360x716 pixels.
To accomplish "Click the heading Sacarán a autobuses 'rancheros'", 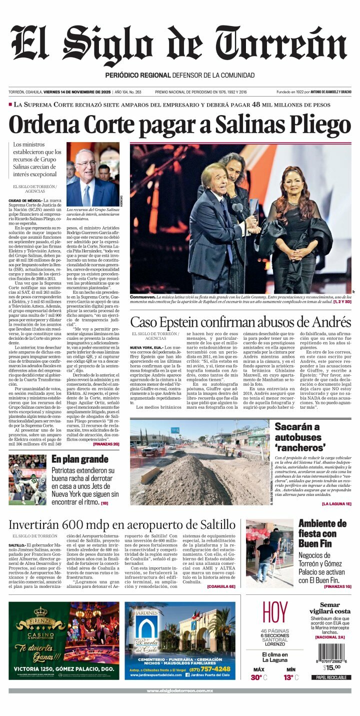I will click(300, 437).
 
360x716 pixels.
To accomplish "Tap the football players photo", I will click(27, 480).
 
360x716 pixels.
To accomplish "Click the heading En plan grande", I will click(79, 459).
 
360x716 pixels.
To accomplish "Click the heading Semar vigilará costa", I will click(329, 608).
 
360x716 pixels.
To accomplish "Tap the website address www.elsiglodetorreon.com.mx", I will click(180, 691).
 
